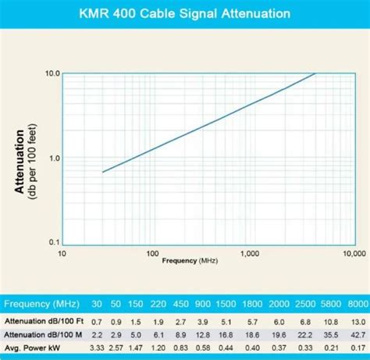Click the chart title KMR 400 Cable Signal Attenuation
pos(185,13)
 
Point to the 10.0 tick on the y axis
pos(53,73)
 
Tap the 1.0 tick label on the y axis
pos(53,158)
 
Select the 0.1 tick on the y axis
pos(53,241)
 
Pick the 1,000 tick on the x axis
pos(251,255)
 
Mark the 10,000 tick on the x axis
pos(349,255)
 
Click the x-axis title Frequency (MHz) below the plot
pos(190,261)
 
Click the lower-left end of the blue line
pos(103,172)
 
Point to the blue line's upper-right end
pos(315,73)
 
